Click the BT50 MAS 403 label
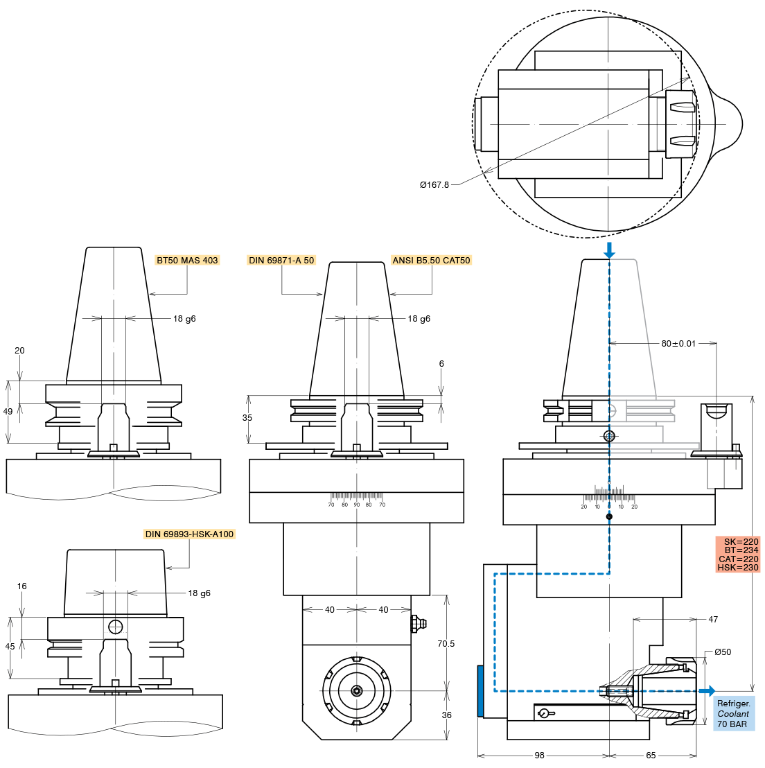click(x=187, y=261)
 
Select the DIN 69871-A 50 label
click(x=281, y=261)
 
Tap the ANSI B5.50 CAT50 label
click(x=431, y=261)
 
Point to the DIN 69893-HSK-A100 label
click(x=189, y=534)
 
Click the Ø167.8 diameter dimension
click(x=434, y=185)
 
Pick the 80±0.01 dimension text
click(x=678, y=344)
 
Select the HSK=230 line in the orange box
click(x=738, y=568)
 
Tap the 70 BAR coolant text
click(x=732, y=724)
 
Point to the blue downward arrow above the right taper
click(x=609, y=250)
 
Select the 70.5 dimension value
click(x=446, y=644)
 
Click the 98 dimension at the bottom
click(x=540, y=756)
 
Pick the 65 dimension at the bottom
click(x=651, y=756)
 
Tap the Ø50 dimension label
click(x=723, y=652)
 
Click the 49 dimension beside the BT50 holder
click(x=8, y=412)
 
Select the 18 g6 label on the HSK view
click(x=199, y=593)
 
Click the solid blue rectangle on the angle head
click(x=480, y=691)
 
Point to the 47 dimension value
click(x=713, y=620)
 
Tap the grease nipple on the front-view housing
click(x=417, y=623)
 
